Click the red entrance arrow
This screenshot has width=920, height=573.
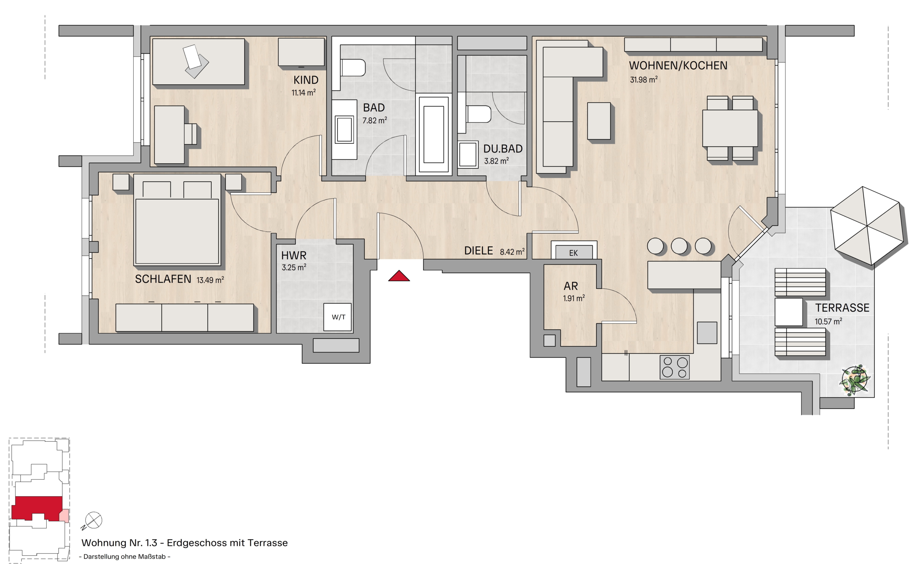click(x=399, y=276)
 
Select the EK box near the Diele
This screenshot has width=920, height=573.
click(x=574, y=252)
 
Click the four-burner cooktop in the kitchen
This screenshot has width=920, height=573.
click(x=675, y=367)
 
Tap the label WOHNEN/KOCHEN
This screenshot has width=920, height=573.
click(x=678, y=66)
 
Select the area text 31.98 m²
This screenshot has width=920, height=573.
click(x=644, y=80)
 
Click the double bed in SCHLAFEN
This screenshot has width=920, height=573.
click(x=177, y=219)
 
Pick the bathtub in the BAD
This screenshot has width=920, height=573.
click(x=433, y=135)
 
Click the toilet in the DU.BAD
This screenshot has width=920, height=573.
click(x=479, y=114)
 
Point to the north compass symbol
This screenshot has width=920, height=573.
click(x=93, y=520)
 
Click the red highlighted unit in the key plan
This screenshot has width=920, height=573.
click(x=37, y=508)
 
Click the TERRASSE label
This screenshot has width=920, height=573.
click(x=842, y=308)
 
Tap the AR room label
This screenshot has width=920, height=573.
click(x=571, y=286)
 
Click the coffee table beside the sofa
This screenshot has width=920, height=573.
click(x=599, y=121)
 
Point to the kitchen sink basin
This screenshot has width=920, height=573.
click(x=707, y=333)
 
